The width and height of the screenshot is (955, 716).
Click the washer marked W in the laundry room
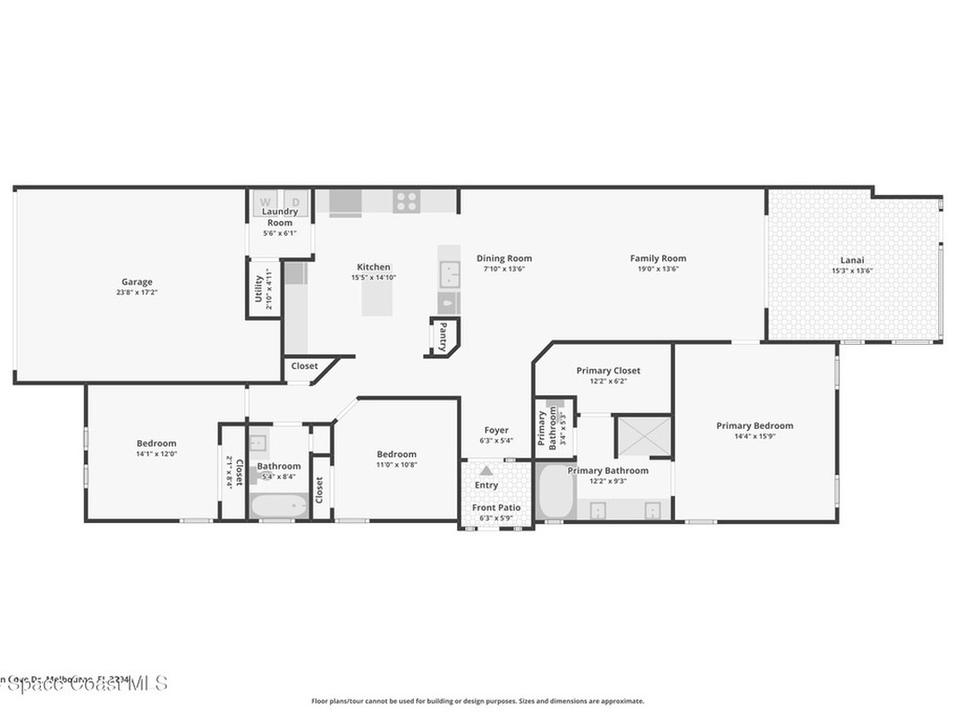point(265,201)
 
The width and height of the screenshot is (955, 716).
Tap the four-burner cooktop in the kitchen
point(406,201)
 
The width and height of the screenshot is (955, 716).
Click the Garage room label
point(137,282)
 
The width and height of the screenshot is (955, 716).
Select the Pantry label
point(444,334)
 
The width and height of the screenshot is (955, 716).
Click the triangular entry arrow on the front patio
point(486,471)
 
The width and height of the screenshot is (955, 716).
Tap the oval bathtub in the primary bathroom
point(556,491)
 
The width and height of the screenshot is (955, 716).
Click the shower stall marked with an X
point(643,435)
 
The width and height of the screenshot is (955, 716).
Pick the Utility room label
point(259,289)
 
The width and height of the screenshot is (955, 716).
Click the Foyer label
point(496,430)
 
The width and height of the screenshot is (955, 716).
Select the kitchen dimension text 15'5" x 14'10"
point(374,278)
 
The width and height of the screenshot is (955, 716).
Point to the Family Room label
point(657,258)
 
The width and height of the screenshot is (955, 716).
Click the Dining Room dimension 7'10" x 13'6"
point(504,269)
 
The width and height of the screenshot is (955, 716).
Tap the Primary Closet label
point(608,370)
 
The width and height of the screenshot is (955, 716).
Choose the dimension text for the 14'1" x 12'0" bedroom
point(156,454)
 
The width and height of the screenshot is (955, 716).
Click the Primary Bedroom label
point(754,425)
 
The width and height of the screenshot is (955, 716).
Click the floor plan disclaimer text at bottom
point(477,701)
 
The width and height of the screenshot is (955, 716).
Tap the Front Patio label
point(496,507)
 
